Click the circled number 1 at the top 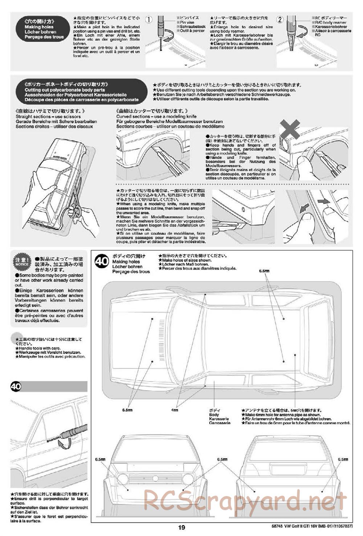[x=149, y=20]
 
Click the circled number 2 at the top [x=280, y=20]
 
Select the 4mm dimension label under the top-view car [x=175, y=410]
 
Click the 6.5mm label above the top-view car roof [x=264, y=271]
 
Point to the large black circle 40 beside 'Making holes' [x=101, y=262]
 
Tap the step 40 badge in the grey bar [x=16, y=386]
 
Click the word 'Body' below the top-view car [x=214, y=414]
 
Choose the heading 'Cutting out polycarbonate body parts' [x=65, y=90]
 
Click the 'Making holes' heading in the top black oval [x=39, y=27]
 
